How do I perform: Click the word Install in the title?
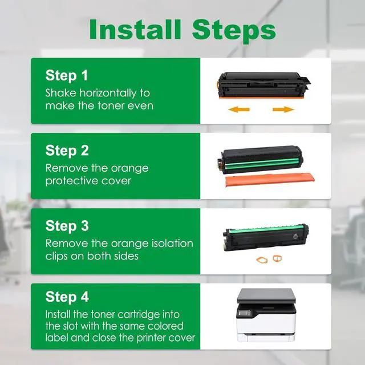click(135, 30)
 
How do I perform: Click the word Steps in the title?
click(234, 31)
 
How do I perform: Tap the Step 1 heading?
click(67, 75)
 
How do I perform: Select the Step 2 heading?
click(67, 151)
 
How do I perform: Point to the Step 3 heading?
click(67, 226)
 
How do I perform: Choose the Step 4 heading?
click(67, 297)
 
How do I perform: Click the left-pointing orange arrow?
click(239, 109)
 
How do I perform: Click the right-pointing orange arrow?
click(283, 109)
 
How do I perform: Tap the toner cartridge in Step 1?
click(264, 85)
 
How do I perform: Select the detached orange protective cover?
click(270, 180)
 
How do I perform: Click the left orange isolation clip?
click(262, 260)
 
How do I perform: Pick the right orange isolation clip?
click(277, 258)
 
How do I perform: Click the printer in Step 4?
click(266, 315)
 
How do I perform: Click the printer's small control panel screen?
click(246, 313)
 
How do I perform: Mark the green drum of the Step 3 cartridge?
click(267, 229)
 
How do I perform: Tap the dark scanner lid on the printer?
click(266, 295)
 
